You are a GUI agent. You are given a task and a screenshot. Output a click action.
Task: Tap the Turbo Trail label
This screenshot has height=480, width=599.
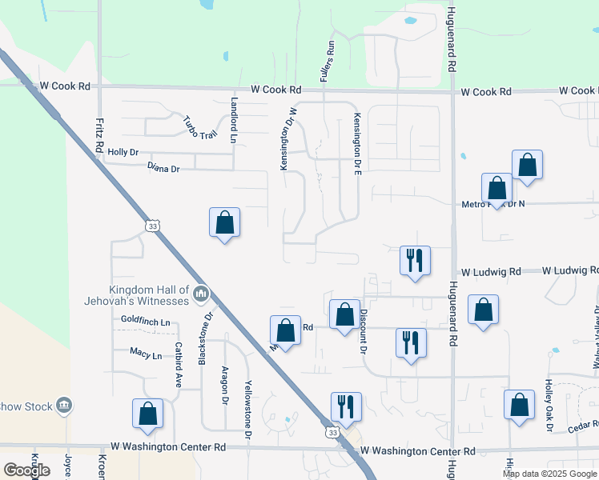[199, 126]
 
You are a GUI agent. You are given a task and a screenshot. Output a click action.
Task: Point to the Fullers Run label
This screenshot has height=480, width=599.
[326, 62]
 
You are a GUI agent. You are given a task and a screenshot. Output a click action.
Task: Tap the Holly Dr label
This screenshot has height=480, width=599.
[123, 152]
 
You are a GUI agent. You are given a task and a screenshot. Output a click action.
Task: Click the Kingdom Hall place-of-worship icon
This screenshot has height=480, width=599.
[200, 296]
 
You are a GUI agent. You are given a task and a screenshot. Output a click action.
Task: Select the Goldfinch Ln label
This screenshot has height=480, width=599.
[146, 322]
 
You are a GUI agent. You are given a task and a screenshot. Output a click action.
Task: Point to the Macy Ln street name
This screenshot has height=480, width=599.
[146, 353]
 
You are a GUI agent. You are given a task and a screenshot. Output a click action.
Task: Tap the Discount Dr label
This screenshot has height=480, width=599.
[363, 332]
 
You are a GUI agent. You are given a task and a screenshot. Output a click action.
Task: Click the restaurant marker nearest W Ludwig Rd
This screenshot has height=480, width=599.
[415, 260]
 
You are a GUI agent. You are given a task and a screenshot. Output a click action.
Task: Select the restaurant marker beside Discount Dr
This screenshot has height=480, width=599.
[411, 342]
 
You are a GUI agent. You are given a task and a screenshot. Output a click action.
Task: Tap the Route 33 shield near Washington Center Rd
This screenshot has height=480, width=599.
[332, 432]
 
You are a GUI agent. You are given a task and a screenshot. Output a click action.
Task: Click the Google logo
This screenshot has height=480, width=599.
[26, 470]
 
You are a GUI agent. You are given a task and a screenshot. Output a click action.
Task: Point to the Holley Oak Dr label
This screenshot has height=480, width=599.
[549, 406]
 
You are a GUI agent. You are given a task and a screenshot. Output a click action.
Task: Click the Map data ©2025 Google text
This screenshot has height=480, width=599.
[549, 474]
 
